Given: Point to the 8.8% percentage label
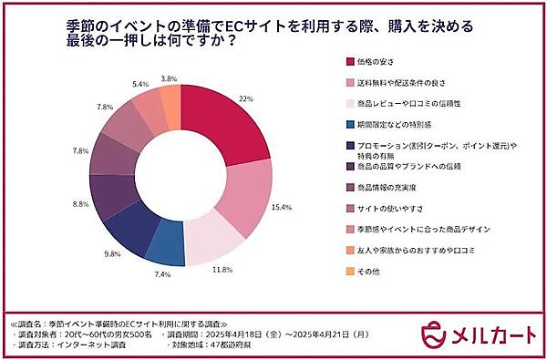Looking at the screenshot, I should tap(80, 205).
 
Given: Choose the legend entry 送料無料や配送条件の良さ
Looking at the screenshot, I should tap(406, 85).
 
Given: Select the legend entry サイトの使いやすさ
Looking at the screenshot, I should tap(393, 207).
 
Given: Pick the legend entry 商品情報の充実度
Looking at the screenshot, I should tap(393, 187).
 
